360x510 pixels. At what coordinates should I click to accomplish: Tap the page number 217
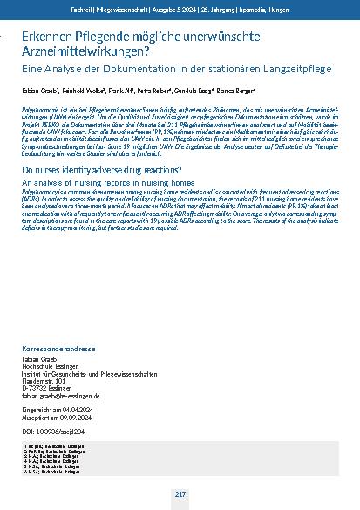(180, 494)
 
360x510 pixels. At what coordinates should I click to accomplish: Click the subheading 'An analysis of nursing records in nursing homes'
(97, 185)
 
